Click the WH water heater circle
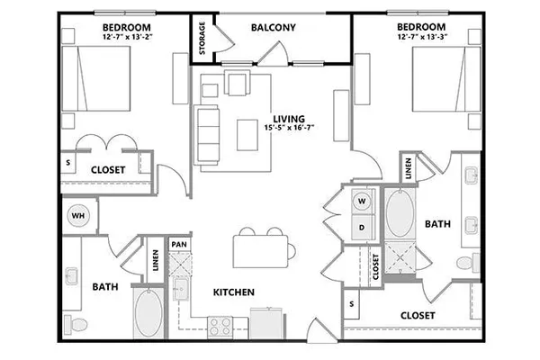tap(78, 216)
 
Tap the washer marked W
tap(362, 201)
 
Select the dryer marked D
tap(362, 228)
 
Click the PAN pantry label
tap(179, 245)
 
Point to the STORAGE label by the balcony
tap(202, 38)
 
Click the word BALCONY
tap(273, 28)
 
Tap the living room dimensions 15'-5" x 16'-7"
tap(289, 128)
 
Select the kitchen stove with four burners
tap(220, 327)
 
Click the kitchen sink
tap(181, 289)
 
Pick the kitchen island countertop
tap(260, 251)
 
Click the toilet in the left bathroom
tap(76, 325)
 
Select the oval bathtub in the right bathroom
tap(400, 213)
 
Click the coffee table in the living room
tap(247, 135)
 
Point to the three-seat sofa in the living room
tap(207, 134)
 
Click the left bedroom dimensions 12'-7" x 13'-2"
tap(128, 37)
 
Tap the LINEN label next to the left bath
tap(156, 260)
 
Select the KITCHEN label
tap(234, 292)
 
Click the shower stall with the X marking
tap(400, 257)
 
